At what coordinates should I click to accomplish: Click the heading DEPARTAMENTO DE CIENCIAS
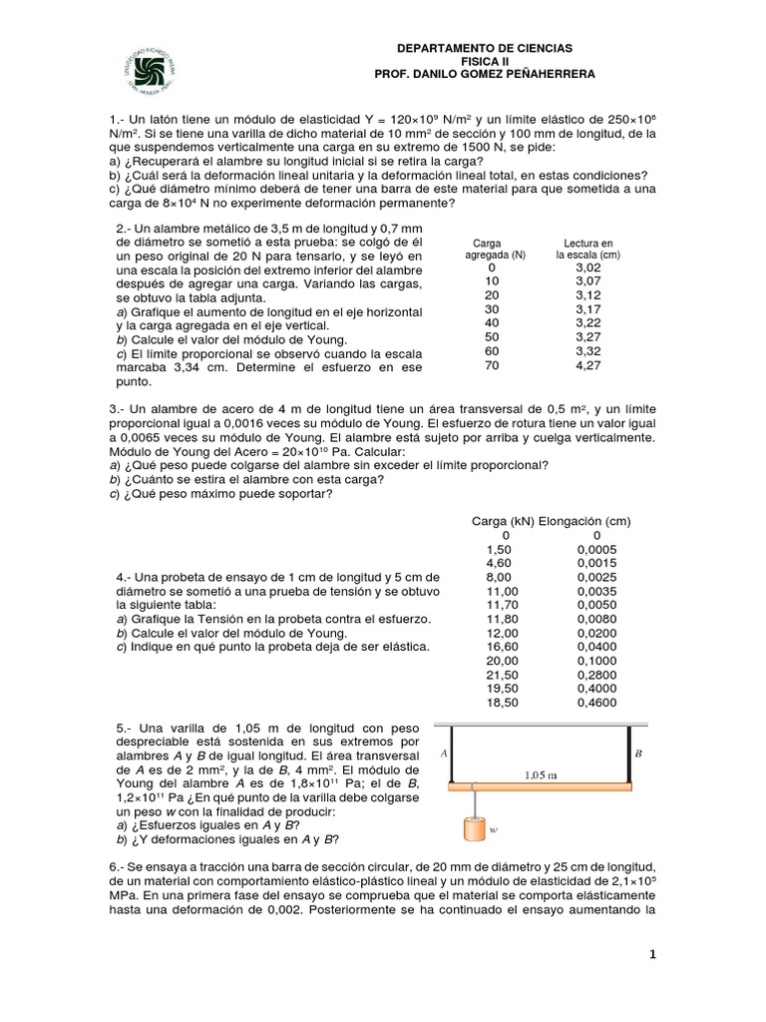pos(485,49)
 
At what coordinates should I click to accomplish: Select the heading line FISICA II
pos(485,62)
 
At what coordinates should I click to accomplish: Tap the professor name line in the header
pos(485,75)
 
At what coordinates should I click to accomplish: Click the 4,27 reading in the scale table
pos(587,366)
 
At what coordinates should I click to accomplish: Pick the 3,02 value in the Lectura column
pos(587,268)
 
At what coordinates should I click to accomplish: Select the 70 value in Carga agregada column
pos(491,366)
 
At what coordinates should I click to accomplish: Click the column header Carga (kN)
pos(503,521)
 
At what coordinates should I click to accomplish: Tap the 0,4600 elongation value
pos(596,703)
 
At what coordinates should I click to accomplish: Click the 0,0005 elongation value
pos(596,549)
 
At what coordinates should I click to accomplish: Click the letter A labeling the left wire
pos(441,755)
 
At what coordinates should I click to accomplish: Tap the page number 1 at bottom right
pos(652,955)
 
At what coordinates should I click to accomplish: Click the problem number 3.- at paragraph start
pos(116,409)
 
